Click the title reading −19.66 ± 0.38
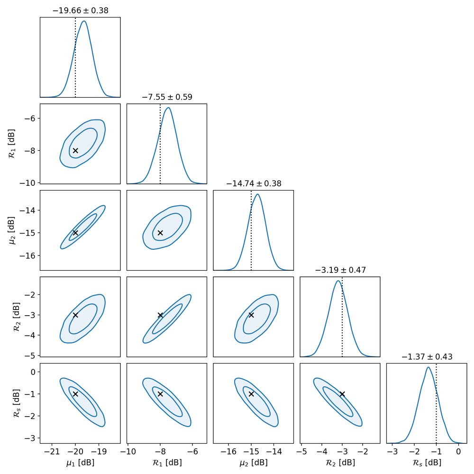pos(80,10)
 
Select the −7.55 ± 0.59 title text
pos(167,97)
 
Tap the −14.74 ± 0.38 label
pos(254,183)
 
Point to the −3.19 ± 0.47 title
pos(340,270)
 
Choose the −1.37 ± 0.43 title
pos(427,357)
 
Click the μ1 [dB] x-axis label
pos(80,463)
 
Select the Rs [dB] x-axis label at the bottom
pos(427,463)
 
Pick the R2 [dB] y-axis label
pos(13,316)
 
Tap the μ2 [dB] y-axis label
pos(13,230)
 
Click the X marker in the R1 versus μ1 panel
pos(75,151)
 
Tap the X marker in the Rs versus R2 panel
pos(342,394)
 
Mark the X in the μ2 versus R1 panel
pos(160,233)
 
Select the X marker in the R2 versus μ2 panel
pos(251,315)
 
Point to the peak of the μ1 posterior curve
pos(84,21)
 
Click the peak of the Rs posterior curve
pos(428,367)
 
